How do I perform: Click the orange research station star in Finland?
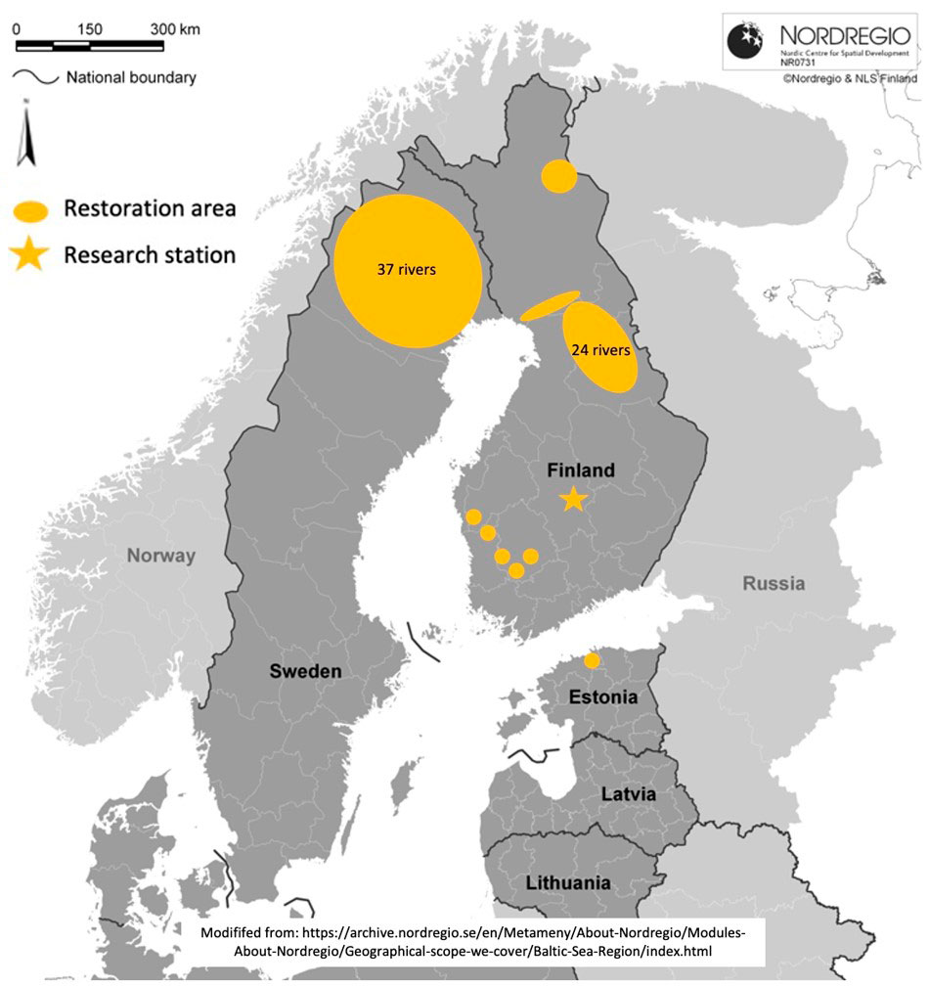[573, 500]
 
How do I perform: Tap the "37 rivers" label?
[406, 270]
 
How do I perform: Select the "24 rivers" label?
[600, 347]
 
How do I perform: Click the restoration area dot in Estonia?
[592, 661]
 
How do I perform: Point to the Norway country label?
[160, 556]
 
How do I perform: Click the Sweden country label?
[306, 671]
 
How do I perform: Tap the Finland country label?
[581, 471]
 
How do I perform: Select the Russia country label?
[774, 584]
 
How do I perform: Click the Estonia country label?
[604, 698]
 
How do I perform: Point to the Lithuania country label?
[568, 882]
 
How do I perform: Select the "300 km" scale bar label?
[175, 29]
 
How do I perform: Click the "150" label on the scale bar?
[89, 29]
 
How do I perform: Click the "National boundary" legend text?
[131, 77]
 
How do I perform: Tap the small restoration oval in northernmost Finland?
[559, 177]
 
